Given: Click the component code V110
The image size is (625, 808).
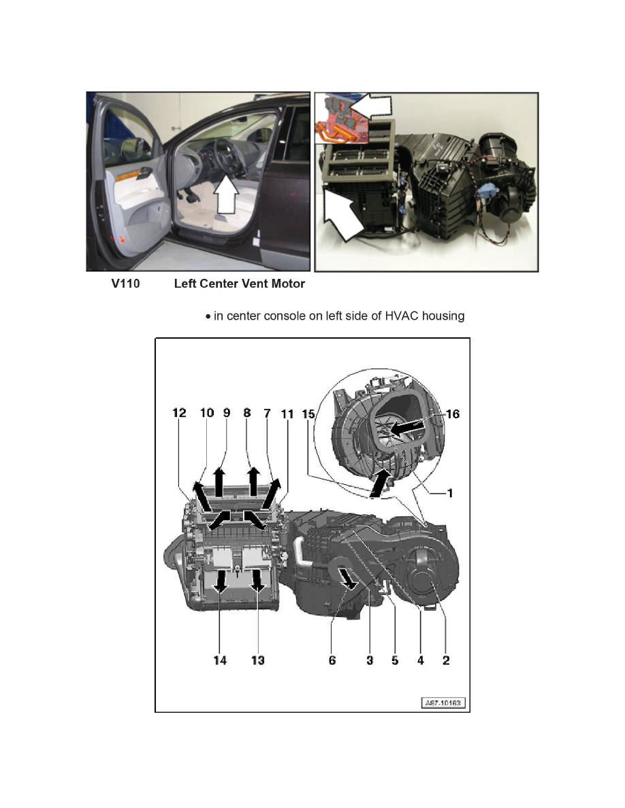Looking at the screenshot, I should (126, 284).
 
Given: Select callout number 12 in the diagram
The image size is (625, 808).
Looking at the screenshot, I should (179, 413).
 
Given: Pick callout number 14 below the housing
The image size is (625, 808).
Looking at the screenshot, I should (220, 660).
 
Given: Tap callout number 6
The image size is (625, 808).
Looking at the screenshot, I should (332, 660).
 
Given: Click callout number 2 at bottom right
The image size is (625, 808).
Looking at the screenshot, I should (446, 660).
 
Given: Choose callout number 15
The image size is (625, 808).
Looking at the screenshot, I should (309, 413).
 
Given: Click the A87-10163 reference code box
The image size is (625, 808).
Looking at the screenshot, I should (443, 703).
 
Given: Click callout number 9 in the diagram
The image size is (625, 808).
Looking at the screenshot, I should (227, 413).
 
